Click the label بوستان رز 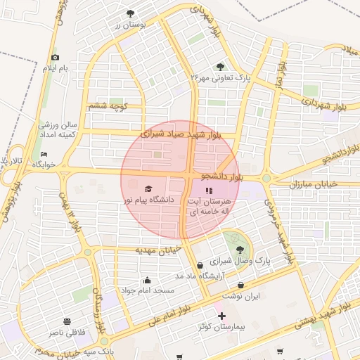[130, 25]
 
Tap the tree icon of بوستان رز [130, 13]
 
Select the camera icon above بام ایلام [56, 57]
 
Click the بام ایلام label [56, 68]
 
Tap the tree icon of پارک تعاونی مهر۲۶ [220, 66]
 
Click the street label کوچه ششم [107, 106]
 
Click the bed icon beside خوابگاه [44, 154]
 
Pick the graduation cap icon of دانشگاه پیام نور [148, 188]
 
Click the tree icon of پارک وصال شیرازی [240, 249]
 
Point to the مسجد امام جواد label [147, 290]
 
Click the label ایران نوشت [242, 296]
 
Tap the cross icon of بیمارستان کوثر [221, 316]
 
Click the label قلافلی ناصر [65, 330]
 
